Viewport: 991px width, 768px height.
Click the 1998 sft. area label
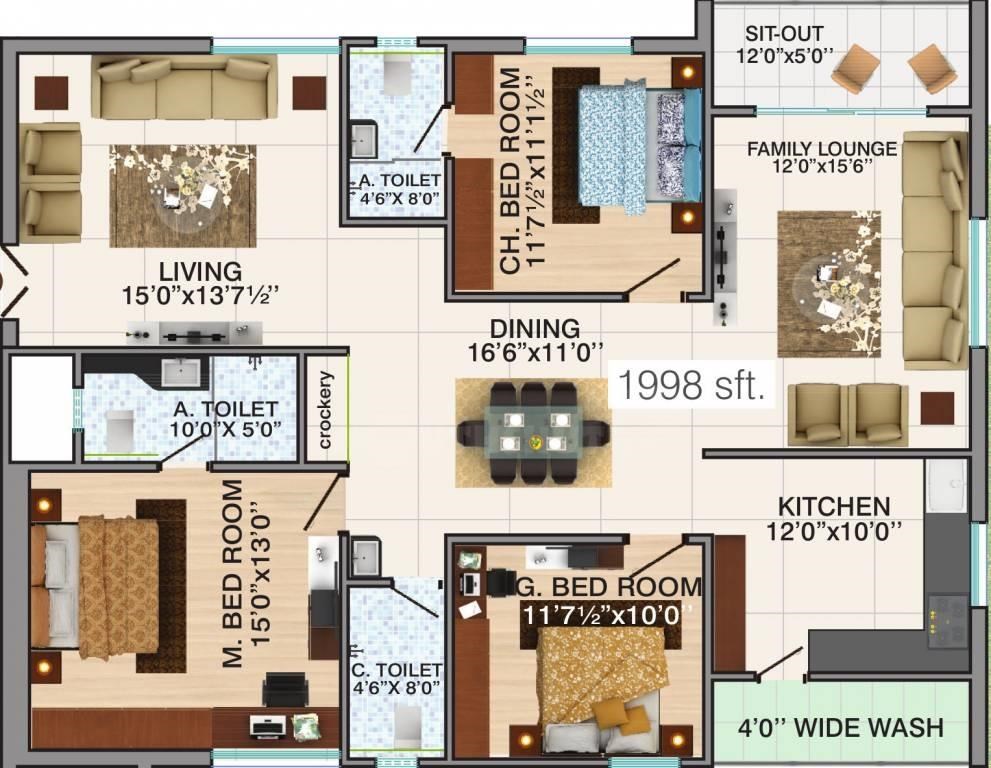(x=691, y=386)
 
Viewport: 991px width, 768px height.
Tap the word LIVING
(x=200, y=271)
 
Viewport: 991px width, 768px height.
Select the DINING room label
(x=534, y=329)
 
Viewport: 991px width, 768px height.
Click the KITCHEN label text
(x=833, y=506)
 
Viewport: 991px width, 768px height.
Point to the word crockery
(x=325, y=410)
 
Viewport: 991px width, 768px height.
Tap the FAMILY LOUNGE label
(x=822, y=149)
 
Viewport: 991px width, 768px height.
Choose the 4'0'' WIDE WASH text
(x=840, y=727)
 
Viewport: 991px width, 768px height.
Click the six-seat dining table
(x=533, y=432)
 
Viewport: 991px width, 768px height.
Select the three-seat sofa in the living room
(x=184, y=87)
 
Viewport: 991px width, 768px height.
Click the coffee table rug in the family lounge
(x=829, y=283)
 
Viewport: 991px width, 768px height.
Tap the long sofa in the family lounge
(x=934, y=250)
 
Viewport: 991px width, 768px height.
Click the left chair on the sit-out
(x=854, y=71)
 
